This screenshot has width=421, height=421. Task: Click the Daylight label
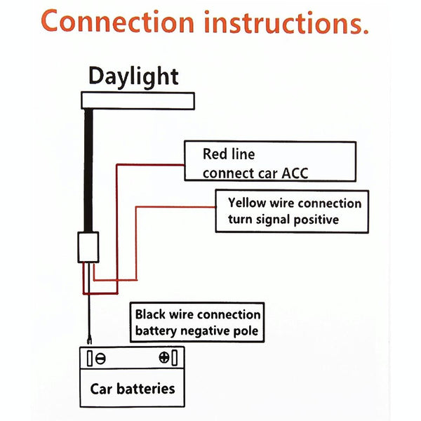pos(133,76)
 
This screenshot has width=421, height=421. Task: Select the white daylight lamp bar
pos(138,100)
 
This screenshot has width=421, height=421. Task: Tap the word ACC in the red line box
pos(294,173)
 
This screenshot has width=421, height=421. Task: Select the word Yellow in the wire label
pos(246,203)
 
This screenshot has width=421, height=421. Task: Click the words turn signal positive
pos(283,220)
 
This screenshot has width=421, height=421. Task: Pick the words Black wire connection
pos(198,315)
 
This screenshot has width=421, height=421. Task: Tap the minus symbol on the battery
pos(101,358)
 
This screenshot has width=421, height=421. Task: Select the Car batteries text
pos(133,388)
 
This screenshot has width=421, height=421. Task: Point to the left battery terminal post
pos(90,358)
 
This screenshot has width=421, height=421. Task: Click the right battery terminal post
pos(175,358)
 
